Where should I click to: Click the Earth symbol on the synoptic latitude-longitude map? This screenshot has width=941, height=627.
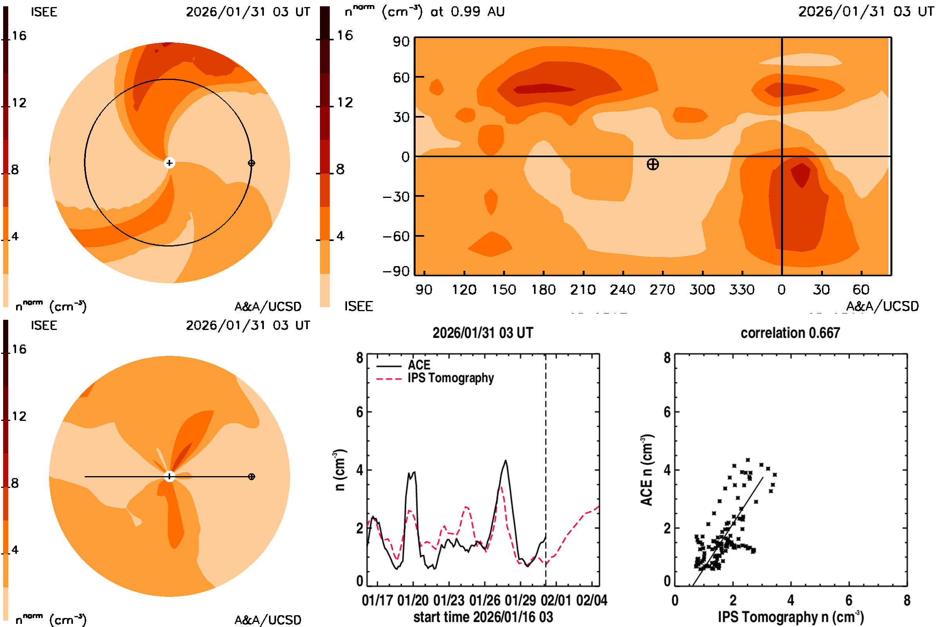point(652,164)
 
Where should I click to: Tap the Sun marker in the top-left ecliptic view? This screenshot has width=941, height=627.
point(169,163)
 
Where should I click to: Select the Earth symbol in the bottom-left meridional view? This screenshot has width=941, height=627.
point(251,477)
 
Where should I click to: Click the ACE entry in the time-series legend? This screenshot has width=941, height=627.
point(419,365)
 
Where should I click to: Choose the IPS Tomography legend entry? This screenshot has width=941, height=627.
point(451,378)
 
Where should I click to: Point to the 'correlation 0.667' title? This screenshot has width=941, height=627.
point(790,333)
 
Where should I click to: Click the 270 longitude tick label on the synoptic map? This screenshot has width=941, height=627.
point(662,290)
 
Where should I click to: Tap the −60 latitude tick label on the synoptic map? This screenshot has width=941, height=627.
point(396,236)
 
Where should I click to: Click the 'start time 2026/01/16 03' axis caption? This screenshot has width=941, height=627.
point(483,617)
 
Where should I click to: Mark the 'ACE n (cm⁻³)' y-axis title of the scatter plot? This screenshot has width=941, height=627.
point(647,470)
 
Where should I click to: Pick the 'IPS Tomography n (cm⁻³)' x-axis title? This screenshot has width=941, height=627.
point(790,617)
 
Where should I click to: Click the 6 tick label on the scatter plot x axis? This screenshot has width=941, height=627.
point(848,600)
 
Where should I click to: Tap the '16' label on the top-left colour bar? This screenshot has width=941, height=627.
point(19,36)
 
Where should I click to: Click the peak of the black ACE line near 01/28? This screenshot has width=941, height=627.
point(506,461)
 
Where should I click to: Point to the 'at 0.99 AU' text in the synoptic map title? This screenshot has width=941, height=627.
point(467,12)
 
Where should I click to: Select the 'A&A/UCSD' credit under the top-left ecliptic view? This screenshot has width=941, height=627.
point(268,307)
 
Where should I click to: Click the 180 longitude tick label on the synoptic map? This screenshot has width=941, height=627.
point(543,290)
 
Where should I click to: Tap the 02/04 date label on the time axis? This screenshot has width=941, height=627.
point(591,600)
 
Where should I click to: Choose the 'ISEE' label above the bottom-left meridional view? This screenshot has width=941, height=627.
point(44,326)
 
